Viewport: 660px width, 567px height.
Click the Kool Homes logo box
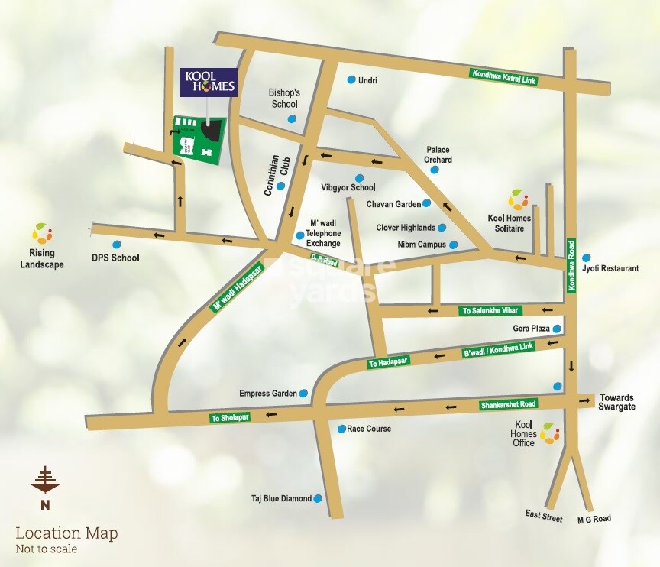coord(209,82)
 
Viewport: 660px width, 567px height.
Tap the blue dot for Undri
coord(351,79)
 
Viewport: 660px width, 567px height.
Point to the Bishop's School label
coord(284,98)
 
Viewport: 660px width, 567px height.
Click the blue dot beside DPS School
coord(117,245)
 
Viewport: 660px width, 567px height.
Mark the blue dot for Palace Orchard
coord(435,170)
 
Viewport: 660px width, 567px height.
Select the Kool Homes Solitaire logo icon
coord(518,199)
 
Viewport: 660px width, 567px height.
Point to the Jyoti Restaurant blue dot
coord(587,258)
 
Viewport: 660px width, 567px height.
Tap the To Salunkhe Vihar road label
coord(490,311)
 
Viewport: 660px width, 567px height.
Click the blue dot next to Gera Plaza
coord(557,329)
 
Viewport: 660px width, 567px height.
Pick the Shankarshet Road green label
coord(508,403)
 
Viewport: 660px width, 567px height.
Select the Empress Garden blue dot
coord(303,393)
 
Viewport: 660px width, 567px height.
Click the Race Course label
coord(369,429)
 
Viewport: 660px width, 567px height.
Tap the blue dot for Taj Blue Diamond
coord(318,498)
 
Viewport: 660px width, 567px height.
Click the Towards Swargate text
coord(617,403)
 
